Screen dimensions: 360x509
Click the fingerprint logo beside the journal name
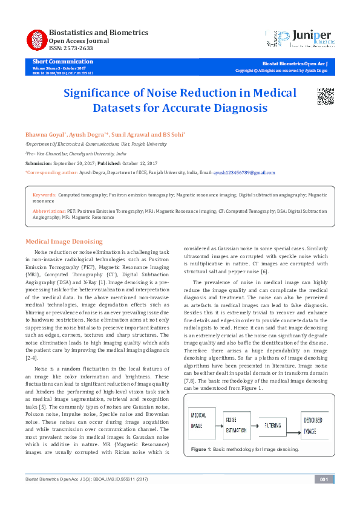click(x=36, y=40)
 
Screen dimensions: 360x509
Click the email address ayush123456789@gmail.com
click(x=244, y=172)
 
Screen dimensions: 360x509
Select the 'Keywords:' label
click(x=44, y=195)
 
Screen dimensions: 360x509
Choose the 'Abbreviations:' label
click(x=49, y=212)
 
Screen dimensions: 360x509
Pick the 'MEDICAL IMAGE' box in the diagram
click(x=202, y=420)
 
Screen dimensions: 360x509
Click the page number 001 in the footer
click(x=323, y=479)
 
